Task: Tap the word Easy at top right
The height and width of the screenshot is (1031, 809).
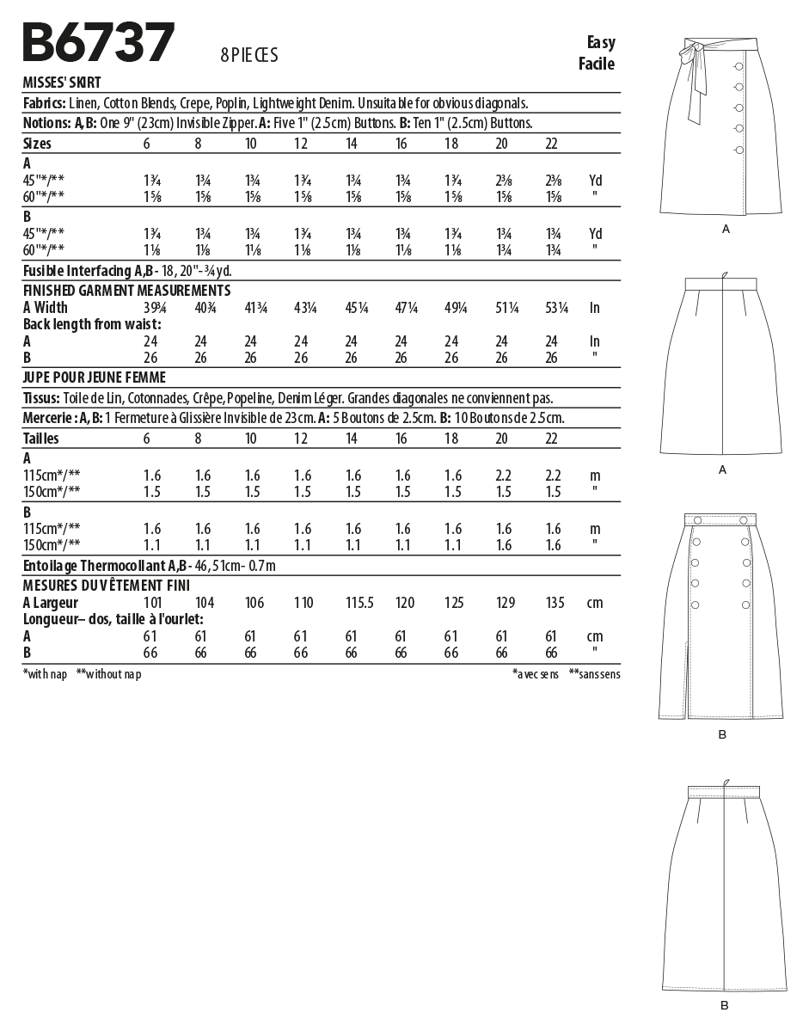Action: [601, 43]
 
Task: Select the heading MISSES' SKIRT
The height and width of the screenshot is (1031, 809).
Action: [61, 83]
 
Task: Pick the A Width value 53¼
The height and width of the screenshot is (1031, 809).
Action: [556, 308]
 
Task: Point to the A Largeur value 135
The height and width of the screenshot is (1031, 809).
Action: [555, 603]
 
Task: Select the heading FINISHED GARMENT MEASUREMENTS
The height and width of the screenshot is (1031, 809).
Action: [126, 291]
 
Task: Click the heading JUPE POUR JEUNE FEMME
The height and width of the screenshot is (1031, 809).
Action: [94, 377]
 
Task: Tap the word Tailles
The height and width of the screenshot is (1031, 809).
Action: [41, 439]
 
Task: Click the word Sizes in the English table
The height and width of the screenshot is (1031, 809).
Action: [37, 143]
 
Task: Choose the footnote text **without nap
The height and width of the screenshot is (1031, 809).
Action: [108, 674]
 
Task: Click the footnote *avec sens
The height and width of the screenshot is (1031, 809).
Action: [535, 674]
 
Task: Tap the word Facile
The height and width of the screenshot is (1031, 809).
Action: [597, 64]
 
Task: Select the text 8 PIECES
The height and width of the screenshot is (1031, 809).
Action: [249, 56]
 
